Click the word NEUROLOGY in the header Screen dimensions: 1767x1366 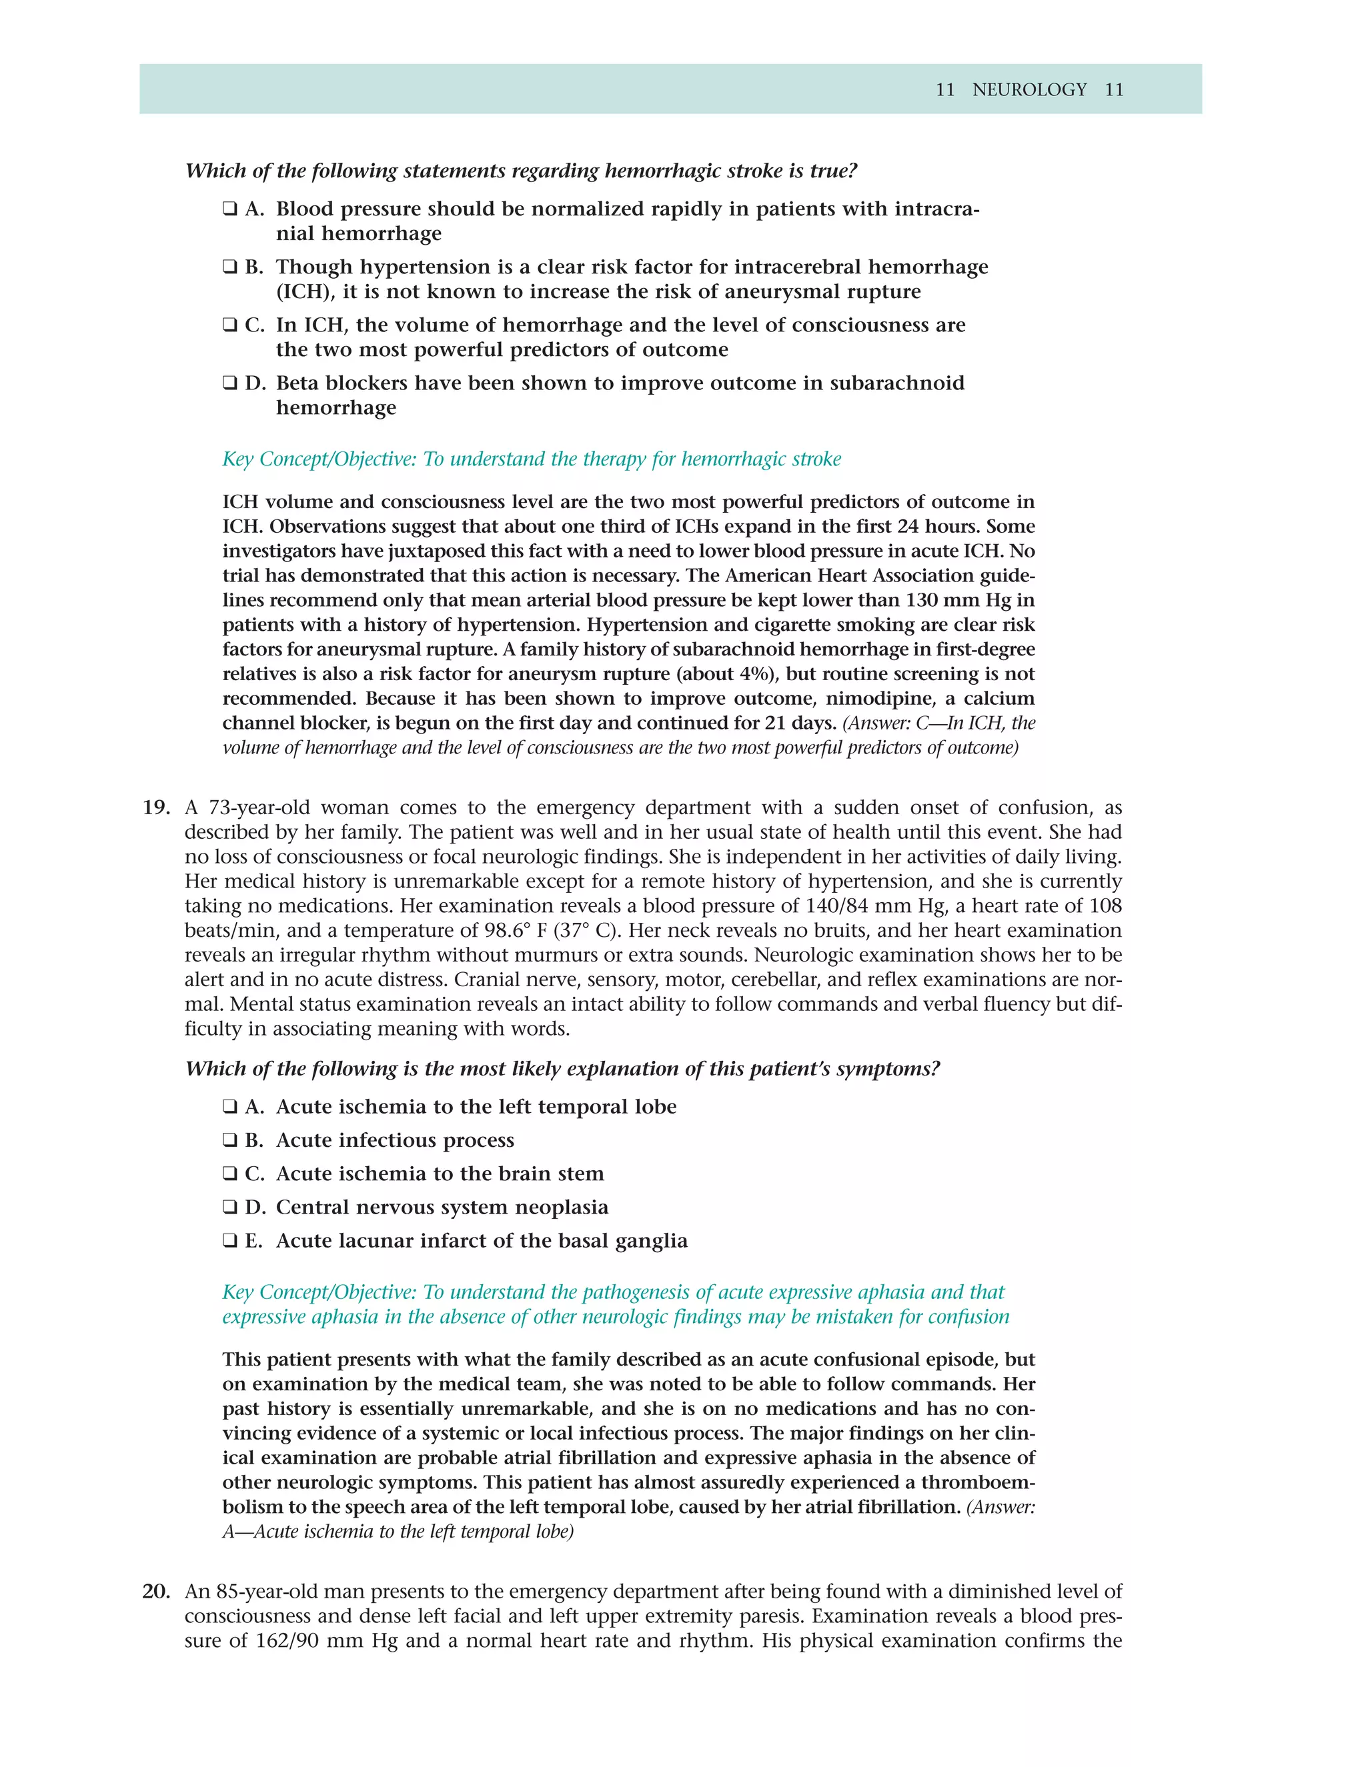pyautogui.click(x=1029, y=90)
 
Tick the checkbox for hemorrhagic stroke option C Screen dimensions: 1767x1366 pyautogui.click(x=230, y=325)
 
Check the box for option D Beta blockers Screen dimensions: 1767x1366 pyautogui.click(x=230, y=383)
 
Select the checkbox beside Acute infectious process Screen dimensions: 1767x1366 pyautogui.click(x=230, y=1141)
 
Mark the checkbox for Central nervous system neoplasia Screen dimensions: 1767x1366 pyautogui.click(x=230, y=1208)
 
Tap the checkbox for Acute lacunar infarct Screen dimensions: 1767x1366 pyautogui.click(x=230, y=1241)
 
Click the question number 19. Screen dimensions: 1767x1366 pyautogui.click(x=156, y=807)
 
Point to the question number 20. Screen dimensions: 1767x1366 pyautogui.click(x=156, y=1592)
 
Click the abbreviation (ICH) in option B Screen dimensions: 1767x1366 pyautogui.click(x=303, y=292)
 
